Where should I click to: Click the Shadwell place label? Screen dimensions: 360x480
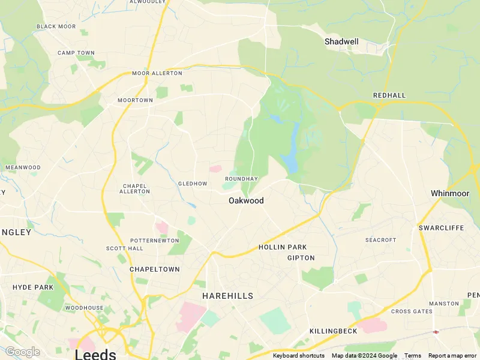(x=341, y=41)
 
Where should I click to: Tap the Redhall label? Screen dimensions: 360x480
(x=389, y=95)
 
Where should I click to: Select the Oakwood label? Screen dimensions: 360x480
(x=246, y=200)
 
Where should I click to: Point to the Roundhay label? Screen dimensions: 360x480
(x=241, y=179)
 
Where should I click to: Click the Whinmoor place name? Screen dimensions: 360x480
(x=449, y=193)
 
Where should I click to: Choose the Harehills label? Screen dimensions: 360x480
(x=227, y=296)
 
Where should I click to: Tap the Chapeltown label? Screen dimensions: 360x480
(x=154, y=269)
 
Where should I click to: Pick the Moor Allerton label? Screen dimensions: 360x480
(x=157, y=73)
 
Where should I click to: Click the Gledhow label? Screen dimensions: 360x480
(x=192, y=184)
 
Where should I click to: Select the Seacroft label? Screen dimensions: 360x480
(x=381, y=240)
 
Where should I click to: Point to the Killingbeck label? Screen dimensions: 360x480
(x=333, y=331)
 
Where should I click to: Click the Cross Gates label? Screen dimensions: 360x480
(x=412, y=311)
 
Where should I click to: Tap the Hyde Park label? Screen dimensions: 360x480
(x=33, y=287)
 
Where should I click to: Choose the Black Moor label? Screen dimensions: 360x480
(x=56, y=26)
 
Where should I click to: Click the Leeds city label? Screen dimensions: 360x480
(x=95, y=354)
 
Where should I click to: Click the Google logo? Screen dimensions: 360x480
(x=22, y=352)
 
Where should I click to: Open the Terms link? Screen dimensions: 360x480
(x=412, y=356)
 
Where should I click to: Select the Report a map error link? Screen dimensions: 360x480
(x=453, y=356)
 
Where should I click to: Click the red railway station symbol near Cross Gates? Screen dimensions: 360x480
(x=436, y=331)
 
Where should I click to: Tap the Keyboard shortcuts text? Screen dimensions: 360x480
(x=299, y=356)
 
